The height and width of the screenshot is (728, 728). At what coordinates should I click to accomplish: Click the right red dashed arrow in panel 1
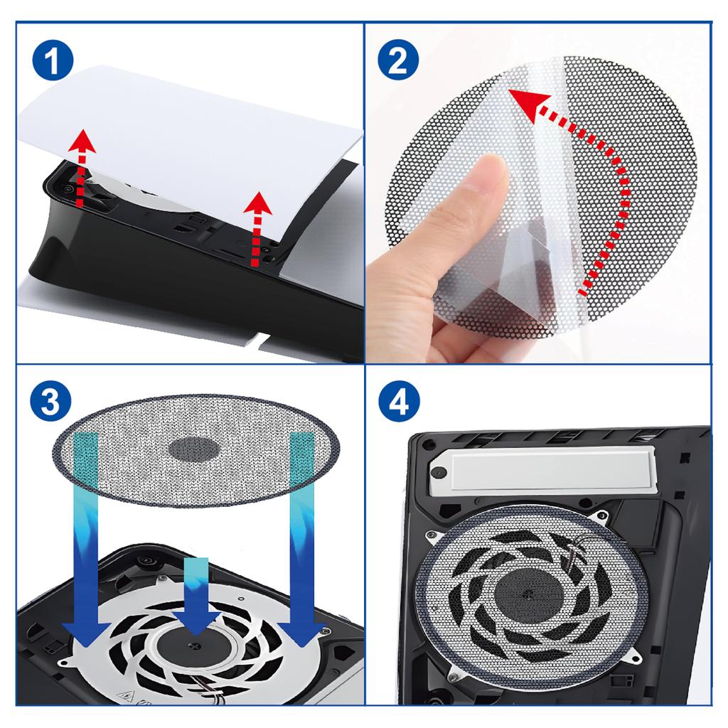click(257, 227)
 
